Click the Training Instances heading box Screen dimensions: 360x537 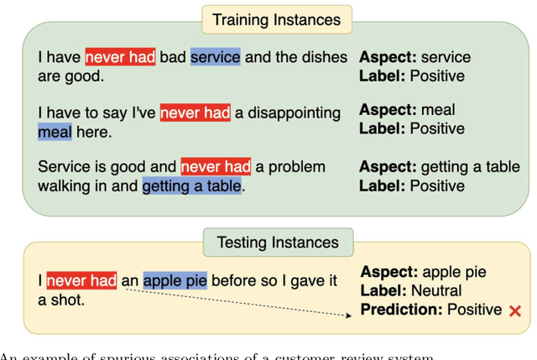(276, 19)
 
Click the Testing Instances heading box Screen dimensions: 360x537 (278, 243)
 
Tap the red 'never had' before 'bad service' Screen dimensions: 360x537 (120, 57)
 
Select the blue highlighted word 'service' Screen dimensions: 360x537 (216, 57)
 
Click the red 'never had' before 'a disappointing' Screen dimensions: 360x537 (195, 112)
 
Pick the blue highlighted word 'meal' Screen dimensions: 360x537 (55, 132)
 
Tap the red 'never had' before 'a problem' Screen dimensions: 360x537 (216, 166)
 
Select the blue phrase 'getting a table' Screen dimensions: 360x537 (192, 186)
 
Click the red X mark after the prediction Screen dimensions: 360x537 (515, 311)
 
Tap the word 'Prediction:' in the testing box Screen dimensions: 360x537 (400, 310)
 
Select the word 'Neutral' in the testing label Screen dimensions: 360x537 (436, 291)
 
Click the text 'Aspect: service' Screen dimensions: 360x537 (415, 57)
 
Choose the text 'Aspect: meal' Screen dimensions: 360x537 (407, 110)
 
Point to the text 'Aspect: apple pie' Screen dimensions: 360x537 (424, 272)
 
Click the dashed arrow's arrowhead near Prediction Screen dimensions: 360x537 (351, 316)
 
